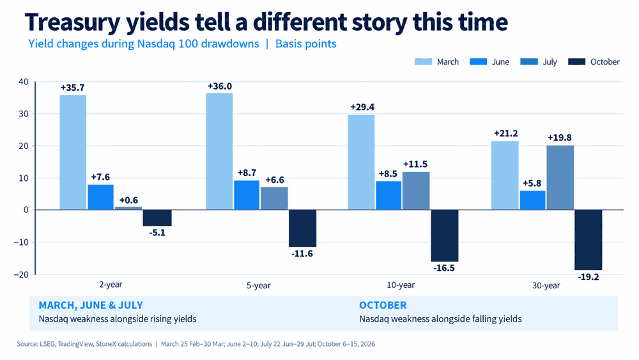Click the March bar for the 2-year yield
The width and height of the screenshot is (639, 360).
pyautogui.click(x=73, y=152)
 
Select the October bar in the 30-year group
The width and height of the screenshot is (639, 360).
pyautogui.click(x=588, y=240)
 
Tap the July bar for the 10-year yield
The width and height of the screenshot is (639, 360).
pyautogui.click(x=416, y=191)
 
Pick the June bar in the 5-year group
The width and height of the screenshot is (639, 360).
pyautogui.click(x=247, y=195)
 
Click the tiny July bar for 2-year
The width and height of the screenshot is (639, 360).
pyautogui.click(x=128, y=208)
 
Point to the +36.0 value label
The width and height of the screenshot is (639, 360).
pyautogui.click(x=220, y=86)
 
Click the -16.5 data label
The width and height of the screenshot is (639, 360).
pyautogui.click(x=444, y=269)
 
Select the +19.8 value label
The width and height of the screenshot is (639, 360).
pyautogui.click(x=560, y=138)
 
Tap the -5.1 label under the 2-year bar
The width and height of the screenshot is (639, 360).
pyautogui.click(x=157, y=233)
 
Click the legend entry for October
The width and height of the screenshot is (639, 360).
pyautogui.click(x=594, y=62)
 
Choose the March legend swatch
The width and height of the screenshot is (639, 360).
pyautogui.click(x=423, y=61)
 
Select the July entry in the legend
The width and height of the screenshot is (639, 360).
pyautogui.click(x=539, y=62)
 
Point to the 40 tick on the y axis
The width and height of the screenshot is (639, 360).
pyautogui.click(x=24, y=82)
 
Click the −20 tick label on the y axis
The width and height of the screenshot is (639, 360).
pyautogui.click(x=21, y=274)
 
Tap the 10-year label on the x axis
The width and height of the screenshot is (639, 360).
pyautogui.click(x=401, y=285)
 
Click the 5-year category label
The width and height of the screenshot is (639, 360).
pyautogui.click(x=258, y=285)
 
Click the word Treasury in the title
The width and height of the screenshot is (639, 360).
pyautogui.click(x=73, y=23)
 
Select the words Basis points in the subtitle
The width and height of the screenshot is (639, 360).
pyautogui.click(x=306, y=44)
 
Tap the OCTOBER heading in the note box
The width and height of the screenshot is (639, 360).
pyautogui.click(x=383, y=305)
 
